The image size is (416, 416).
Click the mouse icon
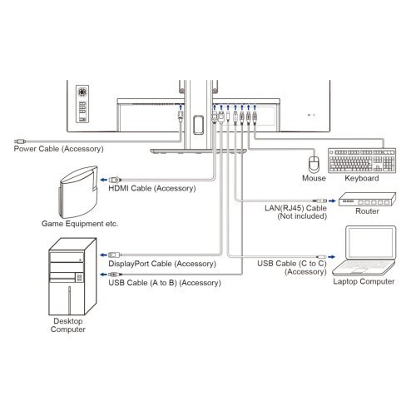coord(313,161)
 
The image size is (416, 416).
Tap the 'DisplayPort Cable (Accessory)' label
coord(161,264)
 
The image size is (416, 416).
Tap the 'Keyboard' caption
coord(361,178)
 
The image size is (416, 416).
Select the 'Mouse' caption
coord(313,178)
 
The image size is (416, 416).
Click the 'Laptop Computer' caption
coord(363,282)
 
